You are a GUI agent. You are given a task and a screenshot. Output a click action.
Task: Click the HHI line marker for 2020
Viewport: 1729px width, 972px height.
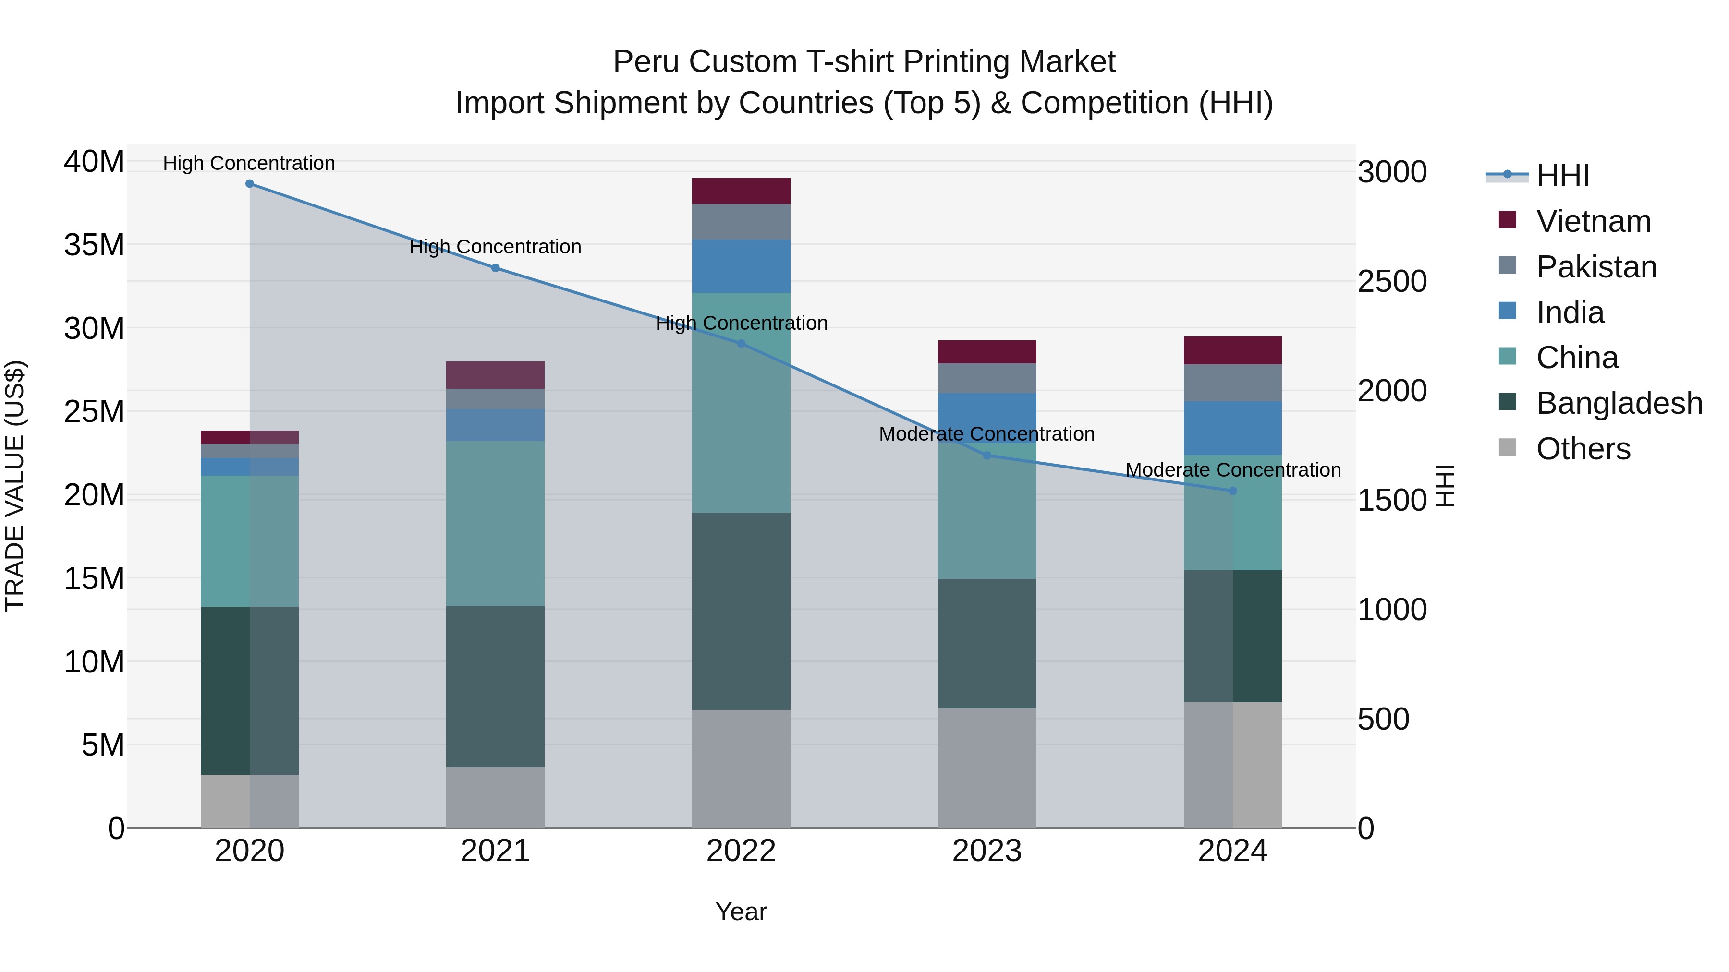pyautogui.click(x=250, y=184)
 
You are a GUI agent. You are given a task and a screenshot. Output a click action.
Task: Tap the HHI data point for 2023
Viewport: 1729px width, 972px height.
pyautogui.click(x=986, y=456)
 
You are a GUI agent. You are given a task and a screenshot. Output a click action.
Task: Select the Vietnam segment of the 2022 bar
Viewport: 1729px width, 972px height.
pyautogui.click(x=741, y=191)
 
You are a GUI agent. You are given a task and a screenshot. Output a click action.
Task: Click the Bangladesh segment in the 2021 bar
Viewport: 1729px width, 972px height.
pyautogui.click(x=495, y=686)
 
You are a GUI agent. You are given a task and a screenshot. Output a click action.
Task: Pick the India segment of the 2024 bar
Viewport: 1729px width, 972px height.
pyautogui.click(x=1232, y=428)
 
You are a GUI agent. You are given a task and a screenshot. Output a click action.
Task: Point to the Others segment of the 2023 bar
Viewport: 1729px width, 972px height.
pyautogui.click(x=986, y=768)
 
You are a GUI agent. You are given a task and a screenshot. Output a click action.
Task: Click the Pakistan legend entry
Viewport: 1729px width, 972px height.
pyautogui.click(x=1596, y=267)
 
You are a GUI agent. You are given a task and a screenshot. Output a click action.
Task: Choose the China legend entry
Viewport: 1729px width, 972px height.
pyautogui.click(x=1577, y=358)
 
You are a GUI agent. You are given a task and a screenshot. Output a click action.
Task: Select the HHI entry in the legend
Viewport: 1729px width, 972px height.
pyautogui.click(x=1562, y=176)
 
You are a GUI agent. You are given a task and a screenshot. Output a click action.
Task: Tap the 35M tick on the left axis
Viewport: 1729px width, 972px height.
pyautogui.click(x=94, y=245)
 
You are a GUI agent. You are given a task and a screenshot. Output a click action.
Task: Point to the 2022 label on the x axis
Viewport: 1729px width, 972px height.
pyautogui.click(x=741, y=851)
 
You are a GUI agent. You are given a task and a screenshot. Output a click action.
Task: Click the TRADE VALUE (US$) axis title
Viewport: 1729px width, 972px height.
pyautogui.click(x=15, y=486)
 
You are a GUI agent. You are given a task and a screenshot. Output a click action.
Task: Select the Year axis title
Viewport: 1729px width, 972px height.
pyautogui.click(x=741, y=912)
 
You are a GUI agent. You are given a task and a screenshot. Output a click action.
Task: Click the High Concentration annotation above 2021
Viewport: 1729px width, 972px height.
pyautogui.click(x=495, y=247)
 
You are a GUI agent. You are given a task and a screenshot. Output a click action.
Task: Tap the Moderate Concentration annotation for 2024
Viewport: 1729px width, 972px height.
pyautogui.click(x=1232, y=470)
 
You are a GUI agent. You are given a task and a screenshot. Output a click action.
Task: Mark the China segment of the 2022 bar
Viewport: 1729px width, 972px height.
pyautogui.click(x=741, y=403)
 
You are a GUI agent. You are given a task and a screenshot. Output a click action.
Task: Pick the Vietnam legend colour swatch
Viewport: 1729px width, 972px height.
pyautogui.click(x=1508, y=220)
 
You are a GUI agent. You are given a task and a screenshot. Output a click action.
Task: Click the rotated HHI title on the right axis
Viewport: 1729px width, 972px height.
pyautogui.click(x=1444, y=486)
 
